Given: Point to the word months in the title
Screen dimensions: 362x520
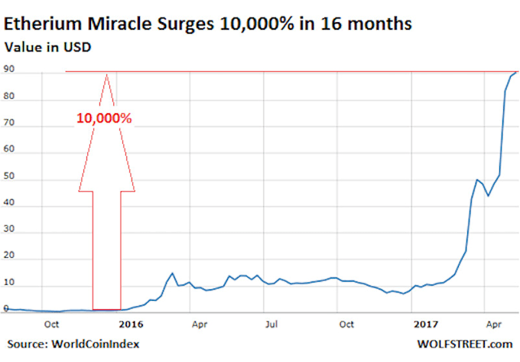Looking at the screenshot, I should pyautogui.click(x=380, y=24).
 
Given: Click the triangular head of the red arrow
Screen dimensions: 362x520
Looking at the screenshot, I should pyautogui.click(x=107, y=134).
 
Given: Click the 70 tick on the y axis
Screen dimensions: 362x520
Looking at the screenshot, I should pyautogui.click(x=9, y=126).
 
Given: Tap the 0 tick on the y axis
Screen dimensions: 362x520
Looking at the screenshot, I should pyautogui.click(x=6, y=309).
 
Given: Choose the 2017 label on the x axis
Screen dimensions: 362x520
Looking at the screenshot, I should pyautogui.click(x=420, y=324).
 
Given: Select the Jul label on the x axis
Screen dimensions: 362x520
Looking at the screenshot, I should pyautogui.click(x=271, y=324).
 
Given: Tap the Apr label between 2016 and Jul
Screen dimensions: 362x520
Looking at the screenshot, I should pyautogui.click(x=200, y=324).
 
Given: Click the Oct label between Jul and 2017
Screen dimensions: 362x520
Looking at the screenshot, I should pyautogui.click(x=347, y=324).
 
